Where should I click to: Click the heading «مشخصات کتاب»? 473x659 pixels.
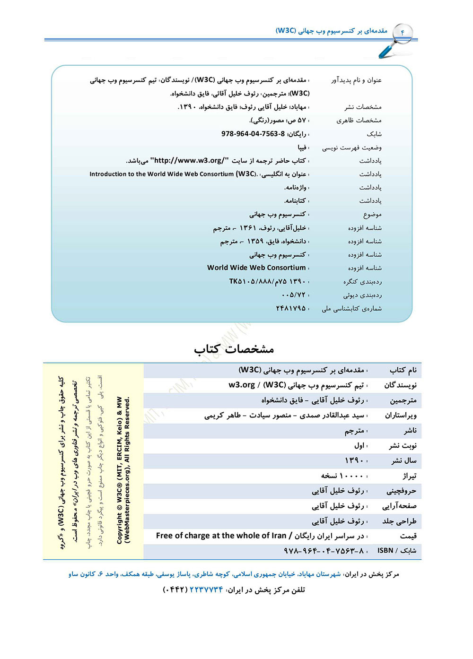click(x=234, y=349)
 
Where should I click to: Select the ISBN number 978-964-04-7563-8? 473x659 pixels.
click(x=253, y=134)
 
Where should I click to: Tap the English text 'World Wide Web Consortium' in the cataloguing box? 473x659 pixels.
click(x=256, y=268)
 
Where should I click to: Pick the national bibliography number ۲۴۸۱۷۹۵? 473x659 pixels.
click(x=290, y=308)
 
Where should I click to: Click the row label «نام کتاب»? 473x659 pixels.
click(x=403, y=370)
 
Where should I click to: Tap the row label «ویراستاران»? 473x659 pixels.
click(x=400, y=416)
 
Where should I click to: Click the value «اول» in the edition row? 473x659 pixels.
click(x=359, y=445)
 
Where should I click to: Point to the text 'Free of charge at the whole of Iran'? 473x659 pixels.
click(x=221, y=536)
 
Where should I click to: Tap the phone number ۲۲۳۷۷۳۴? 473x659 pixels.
click(x=206, y=590)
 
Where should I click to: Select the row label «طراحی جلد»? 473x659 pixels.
click(x=399, y=521)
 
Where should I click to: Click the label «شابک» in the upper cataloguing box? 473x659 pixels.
click(x=373, y=134)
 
